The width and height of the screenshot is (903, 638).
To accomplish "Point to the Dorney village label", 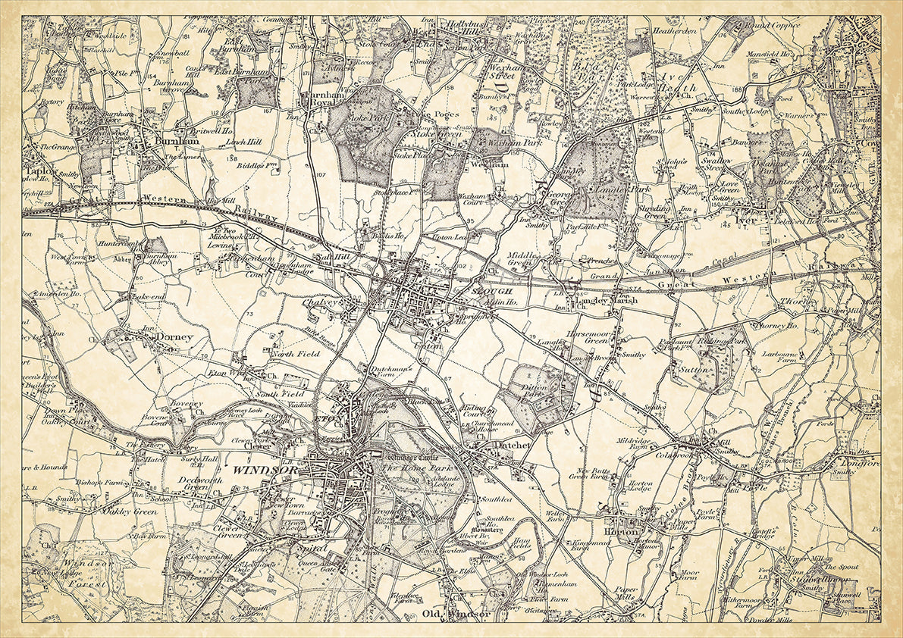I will (174, 336).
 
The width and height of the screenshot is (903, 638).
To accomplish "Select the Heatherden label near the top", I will (675, 32).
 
